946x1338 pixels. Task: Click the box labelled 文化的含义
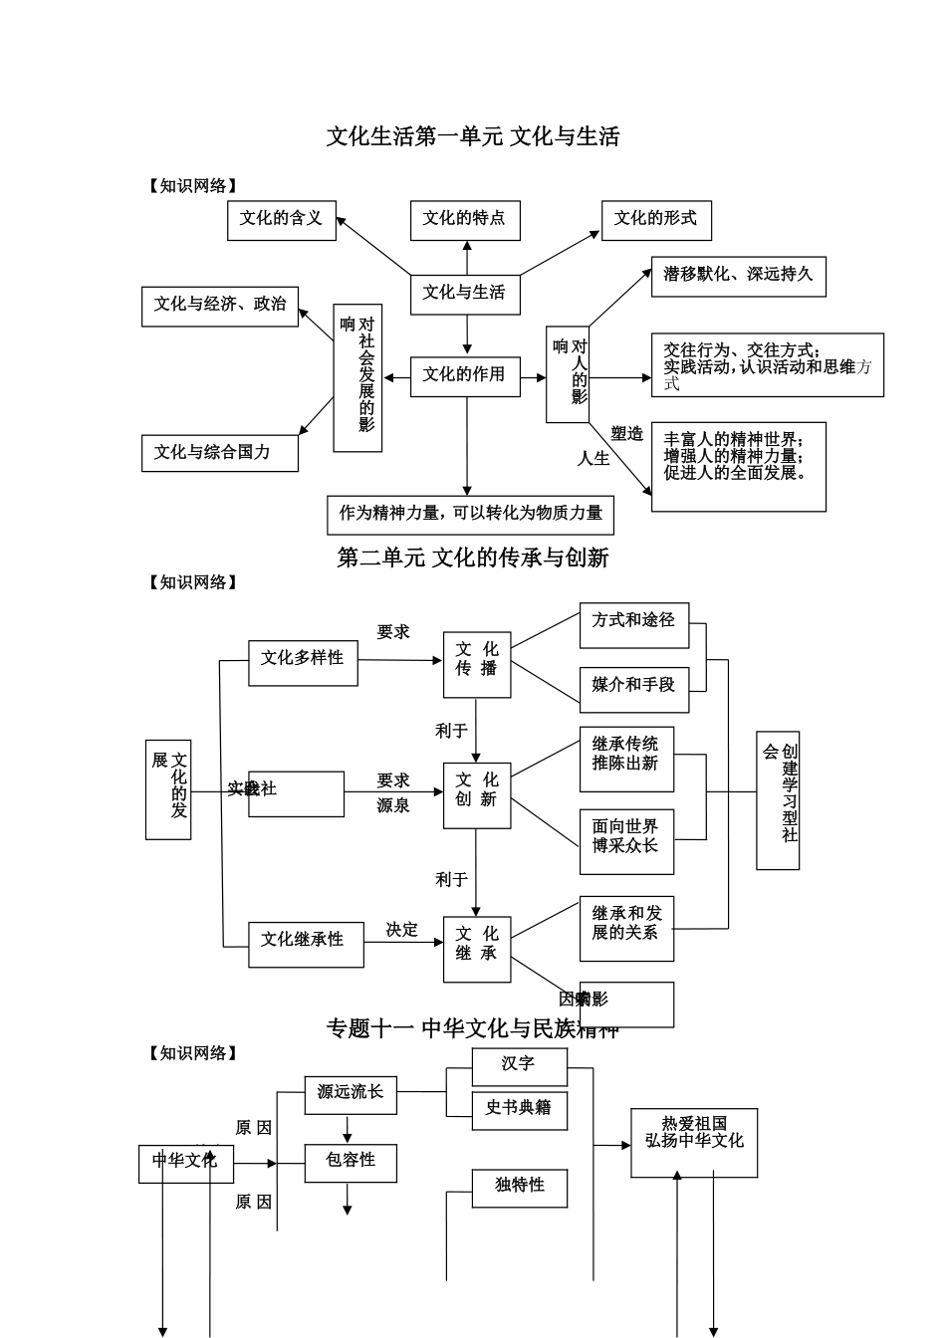tap(282, 220)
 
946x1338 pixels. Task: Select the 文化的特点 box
tap(465, 220)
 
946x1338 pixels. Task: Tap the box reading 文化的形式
tap(656, 220)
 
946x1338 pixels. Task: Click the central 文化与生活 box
tap(465, 294)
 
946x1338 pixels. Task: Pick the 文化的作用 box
tap(465, 376)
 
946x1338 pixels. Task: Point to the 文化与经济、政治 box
tap(220, 306)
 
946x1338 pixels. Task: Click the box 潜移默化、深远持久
tap(738, 276)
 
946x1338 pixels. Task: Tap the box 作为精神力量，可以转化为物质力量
tap(470, 515)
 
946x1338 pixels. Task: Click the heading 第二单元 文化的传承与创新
tap(473, 557)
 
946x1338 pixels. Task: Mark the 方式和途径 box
tap(634, 623)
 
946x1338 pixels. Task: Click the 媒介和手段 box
tap(634, 688)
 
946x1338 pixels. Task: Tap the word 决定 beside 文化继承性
tap(402, 930)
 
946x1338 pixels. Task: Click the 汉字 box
tap(519, 1066)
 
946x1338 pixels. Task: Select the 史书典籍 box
tap(519, 1109)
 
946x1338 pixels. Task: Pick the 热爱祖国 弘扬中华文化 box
tap(694, 1142)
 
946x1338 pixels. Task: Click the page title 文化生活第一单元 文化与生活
tap(473, 136)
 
